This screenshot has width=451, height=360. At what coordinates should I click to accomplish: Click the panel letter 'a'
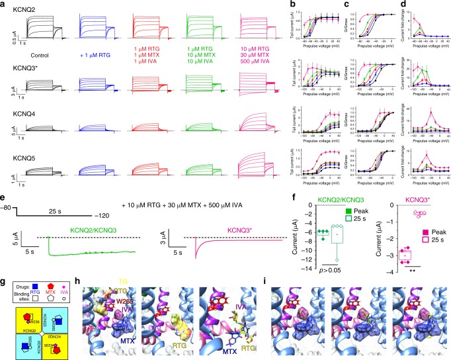click(x=3, y=4)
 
